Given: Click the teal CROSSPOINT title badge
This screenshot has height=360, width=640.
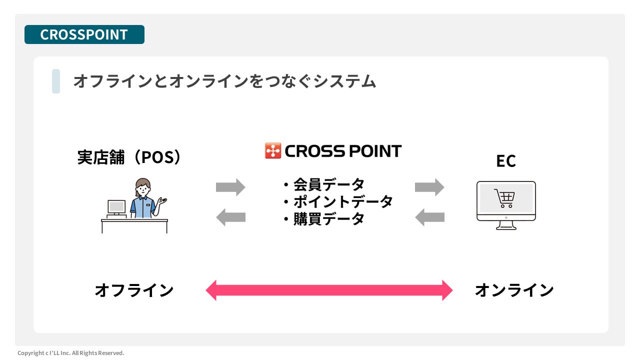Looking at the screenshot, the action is [84, 34].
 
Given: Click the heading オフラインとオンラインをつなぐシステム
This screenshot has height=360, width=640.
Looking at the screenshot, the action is [224, 81].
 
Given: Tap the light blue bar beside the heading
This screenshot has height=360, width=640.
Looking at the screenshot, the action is [56, 81].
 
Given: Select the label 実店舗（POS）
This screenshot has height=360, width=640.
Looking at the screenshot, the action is [129, 157].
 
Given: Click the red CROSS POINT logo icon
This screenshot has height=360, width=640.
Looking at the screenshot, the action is [273, 150].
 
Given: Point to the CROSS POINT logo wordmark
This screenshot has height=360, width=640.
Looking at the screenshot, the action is [343, 151].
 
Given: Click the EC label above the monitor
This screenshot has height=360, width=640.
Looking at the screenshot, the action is [506, 161].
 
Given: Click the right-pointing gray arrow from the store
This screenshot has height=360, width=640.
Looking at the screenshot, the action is [230, 187].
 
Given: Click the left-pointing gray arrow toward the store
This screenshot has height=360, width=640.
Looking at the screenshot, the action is [230, 217].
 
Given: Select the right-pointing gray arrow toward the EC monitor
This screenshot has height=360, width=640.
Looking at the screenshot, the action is [429, 187].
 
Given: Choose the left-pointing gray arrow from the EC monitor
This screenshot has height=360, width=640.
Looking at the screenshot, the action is [429, 217].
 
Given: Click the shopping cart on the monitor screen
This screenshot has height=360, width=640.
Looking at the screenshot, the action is [504, 198].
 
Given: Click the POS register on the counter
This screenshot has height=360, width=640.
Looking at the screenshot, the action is [116, 209].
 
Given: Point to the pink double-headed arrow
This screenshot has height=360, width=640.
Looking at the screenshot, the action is [329, 290].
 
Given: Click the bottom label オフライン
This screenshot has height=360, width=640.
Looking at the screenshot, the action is [134, 290].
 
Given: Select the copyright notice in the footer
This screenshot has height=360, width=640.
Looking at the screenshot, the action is [71, 353].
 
